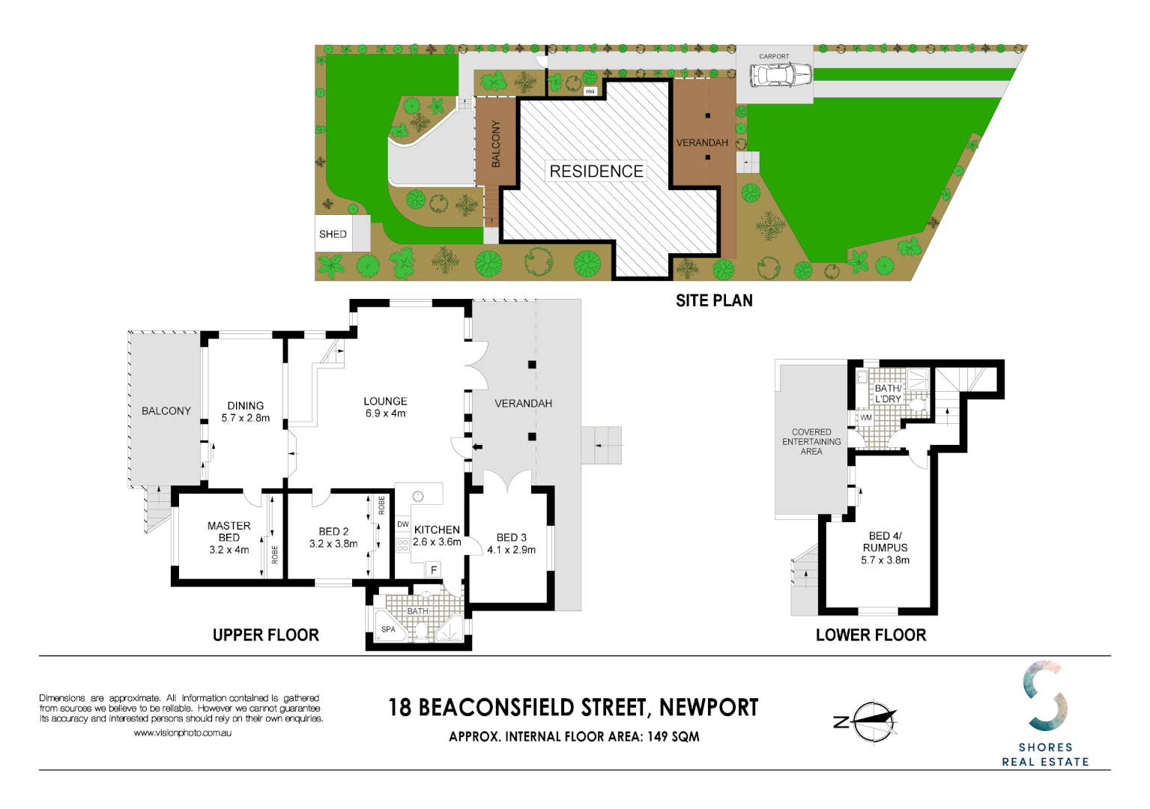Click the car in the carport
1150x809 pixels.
781,75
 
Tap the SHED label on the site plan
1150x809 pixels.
333,234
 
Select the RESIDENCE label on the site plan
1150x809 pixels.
596,172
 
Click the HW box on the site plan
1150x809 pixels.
590,91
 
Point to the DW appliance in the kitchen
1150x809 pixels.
403,524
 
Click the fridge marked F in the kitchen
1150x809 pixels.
434,570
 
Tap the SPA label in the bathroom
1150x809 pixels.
388,629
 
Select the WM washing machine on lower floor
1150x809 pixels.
866,418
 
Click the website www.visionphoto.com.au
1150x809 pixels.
183,733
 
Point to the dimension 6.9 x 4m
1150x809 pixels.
385,413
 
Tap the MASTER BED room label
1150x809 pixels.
229,532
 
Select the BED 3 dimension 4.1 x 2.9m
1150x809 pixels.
511,550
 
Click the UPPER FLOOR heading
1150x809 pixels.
266,635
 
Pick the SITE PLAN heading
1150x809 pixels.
714,300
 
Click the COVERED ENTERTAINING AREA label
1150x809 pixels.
811,442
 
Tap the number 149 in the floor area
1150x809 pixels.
657,736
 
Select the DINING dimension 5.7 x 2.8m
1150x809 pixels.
246,418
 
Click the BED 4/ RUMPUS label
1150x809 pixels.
885,542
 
